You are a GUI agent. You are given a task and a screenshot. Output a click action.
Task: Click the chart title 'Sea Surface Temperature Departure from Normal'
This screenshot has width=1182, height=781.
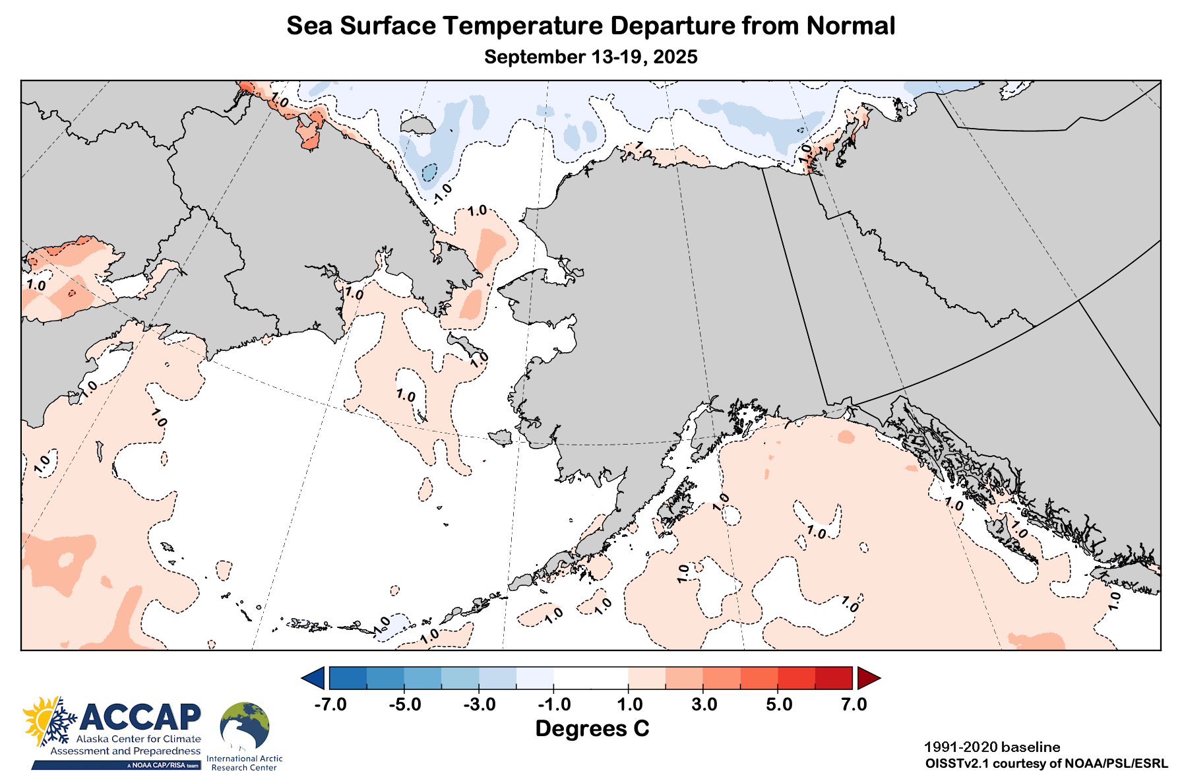pos(590,26)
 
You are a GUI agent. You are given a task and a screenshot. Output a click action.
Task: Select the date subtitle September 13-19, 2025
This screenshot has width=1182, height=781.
pos(590,57)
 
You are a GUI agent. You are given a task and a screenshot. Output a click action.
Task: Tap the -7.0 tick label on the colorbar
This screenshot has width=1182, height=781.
pos(330,704)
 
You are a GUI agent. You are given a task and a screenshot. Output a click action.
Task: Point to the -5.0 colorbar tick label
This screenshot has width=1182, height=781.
pos(404,704)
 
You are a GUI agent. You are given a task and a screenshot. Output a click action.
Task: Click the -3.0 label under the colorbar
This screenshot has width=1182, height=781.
pos(479,704)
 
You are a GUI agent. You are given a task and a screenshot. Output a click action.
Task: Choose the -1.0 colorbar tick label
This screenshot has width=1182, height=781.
pos(554,704)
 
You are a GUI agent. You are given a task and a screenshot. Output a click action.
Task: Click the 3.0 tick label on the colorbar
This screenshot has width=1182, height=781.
pos(704,704)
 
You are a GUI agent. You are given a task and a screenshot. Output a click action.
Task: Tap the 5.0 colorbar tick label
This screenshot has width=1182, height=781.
pos(779,704)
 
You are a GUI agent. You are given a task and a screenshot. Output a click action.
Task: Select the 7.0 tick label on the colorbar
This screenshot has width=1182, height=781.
pos(854,704)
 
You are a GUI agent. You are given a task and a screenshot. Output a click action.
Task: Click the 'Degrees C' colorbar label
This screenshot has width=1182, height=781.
pos(592,729)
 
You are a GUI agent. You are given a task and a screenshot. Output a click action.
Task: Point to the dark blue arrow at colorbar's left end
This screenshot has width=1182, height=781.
pos(314,678)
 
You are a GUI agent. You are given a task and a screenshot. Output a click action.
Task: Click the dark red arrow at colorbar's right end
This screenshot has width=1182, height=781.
pos(867,678)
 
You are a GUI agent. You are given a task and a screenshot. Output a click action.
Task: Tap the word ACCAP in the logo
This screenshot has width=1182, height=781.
pos(140,717)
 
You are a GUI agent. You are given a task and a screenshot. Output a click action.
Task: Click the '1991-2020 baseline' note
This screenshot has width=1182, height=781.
pos(992,747)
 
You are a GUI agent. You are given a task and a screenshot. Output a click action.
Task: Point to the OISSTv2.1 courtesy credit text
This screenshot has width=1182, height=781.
pos(1047,764)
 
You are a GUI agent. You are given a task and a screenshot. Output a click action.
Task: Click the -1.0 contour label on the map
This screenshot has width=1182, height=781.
pos(443,191)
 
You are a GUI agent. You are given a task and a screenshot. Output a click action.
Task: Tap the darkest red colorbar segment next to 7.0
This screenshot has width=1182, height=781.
pos(834,678)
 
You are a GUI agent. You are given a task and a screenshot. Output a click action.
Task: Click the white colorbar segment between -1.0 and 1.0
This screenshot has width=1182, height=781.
pos(591,678)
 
